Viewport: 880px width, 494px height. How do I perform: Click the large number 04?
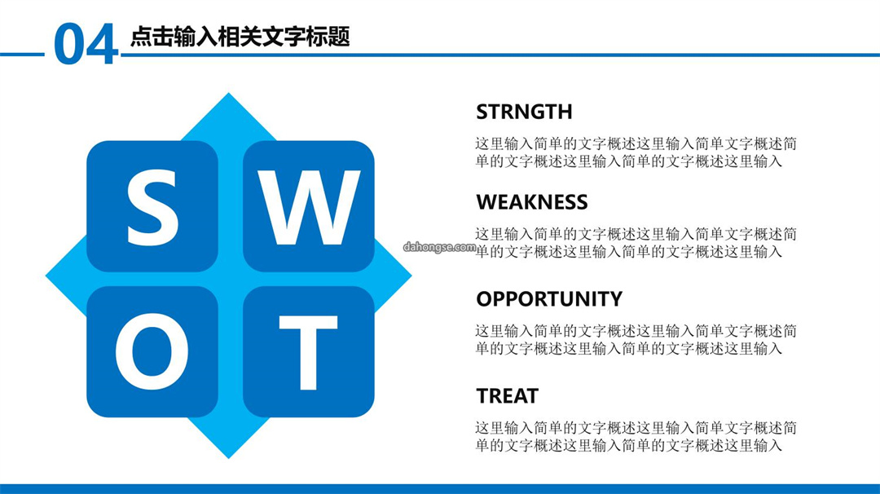tap(86, 43)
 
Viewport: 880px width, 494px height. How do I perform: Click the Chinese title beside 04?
tap(240, 37)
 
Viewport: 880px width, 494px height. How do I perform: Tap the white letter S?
tap(152, 207)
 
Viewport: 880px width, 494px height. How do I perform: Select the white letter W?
tap(309, 208)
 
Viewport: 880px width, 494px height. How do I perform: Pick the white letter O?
tap(152, 351)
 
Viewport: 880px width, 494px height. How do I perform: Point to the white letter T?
tap(308, 352)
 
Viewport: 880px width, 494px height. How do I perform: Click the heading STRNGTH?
tap(524, 112)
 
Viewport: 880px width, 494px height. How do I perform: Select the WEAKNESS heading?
tap(532, 202)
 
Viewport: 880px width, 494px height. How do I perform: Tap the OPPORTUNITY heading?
tap(549, 298)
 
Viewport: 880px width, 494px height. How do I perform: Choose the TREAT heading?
tap(508, 395)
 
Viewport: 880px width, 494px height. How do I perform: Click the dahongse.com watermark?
tap(439, 247)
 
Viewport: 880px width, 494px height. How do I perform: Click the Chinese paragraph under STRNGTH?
tap(636, 152)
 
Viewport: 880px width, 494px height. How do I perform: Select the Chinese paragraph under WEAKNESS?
tap(636, 242)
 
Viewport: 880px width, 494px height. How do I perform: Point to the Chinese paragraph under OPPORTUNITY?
tap(636, 340)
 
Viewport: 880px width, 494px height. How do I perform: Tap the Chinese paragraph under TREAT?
tap(636, 437)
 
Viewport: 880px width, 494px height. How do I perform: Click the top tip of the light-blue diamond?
tap(228, 93)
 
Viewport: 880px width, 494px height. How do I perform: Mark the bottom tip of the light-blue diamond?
tap(228, 458)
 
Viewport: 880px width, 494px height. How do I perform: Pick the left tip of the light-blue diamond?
tap(46, 276)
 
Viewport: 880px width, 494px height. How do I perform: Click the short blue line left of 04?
tap(23, 55)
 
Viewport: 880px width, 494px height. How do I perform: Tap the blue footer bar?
tap(440, 489)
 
